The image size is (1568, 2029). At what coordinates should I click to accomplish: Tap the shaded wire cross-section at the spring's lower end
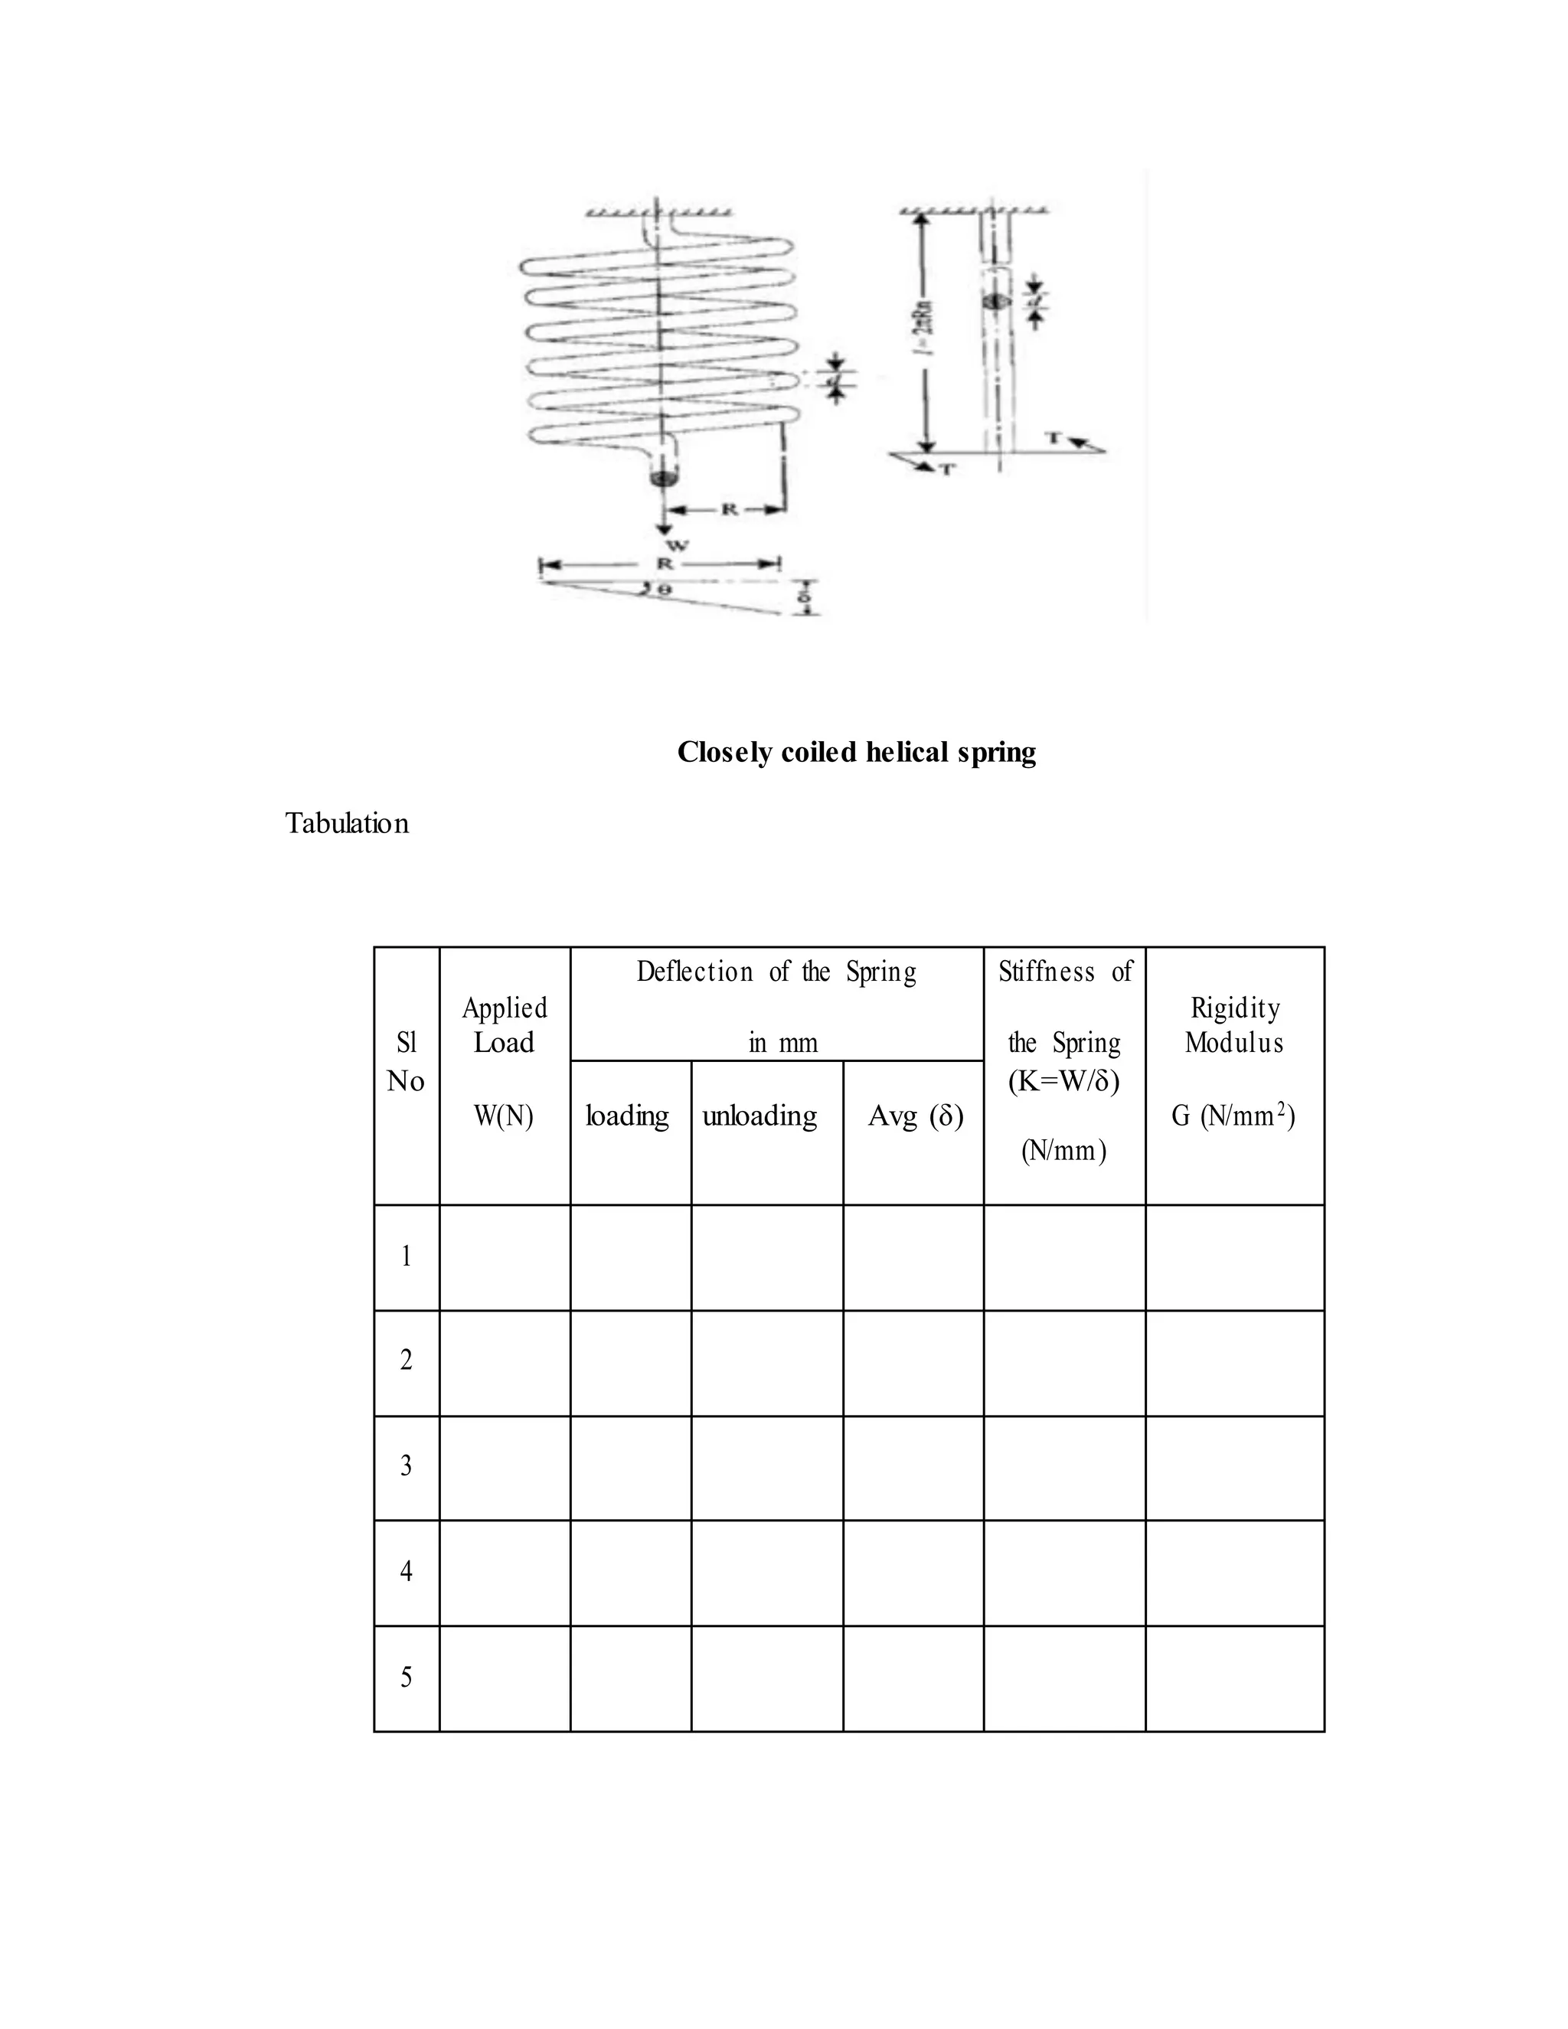(663, 479)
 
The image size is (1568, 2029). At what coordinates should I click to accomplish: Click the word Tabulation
(347, 824)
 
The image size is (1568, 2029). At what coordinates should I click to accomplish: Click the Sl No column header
(406, 1062)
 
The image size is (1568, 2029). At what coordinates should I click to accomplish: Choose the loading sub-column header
(628, 1115)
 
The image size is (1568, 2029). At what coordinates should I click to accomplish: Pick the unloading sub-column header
(759, 1115)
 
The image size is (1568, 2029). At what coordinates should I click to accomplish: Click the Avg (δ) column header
(915, 1115)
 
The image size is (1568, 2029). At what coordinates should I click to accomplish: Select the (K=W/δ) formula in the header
(1063, 1080)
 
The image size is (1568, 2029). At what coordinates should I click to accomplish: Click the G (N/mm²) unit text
(1233, 1115)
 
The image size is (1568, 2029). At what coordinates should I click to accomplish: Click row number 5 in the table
(406, 1678)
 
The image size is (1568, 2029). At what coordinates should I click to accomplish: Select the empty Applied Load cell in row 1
(505, 1257)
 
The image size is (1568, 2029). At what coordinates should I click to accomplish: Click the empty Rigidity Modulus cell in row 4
(1234, 1572)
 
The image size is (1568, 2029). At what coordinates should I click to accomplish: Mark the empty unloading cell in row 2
(766, 1362)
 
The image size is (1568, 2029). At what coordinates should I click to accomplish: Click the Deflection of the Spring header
(776, 972)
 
